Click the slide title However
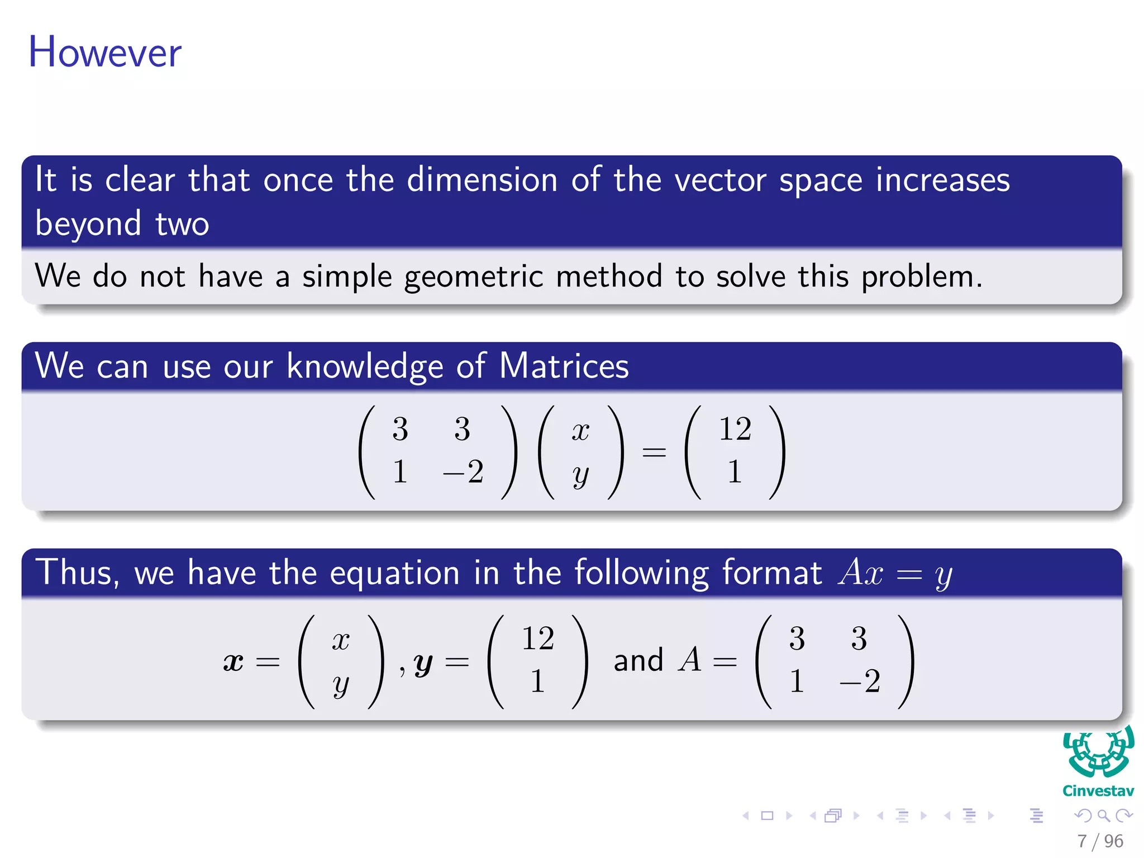pyautogui.click(x=105, y=53)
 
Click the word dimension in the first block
pyautogui.click(x=482, y=180)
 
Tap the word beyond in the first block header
pyautogui.click(x=88, y=224)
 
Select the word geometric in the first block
pyautogui.click(x=473, y=277)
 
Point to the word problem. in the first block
pyautogui.click(x=921, y=277)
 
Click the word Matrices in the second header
pyautogui.click(x=564, y=366)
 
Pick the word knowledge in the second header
pyautogui.click(x=365, y=367)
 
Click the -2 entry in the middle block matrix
pyautogui.click(x=463, y=472)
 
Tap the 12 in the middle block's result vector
pyautogui.click(x=735, y=429)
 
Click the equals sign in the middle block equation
pyautogui.click(x=654, y=451)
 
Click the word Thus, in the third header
pyautogui.click(x=78, y=573)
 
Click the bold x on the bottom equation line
pyautogui.click(x=233, y=662)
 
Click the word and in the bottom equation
pyautogui.click(x=638, y=661)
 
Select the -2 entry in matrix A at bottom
pyautogui.click(x=860, y=681)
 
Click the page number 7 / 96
pyautogui.click(x=1100, y=841)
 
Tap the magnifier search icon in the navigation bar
pyautogui.click(x=1103, y=816)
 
